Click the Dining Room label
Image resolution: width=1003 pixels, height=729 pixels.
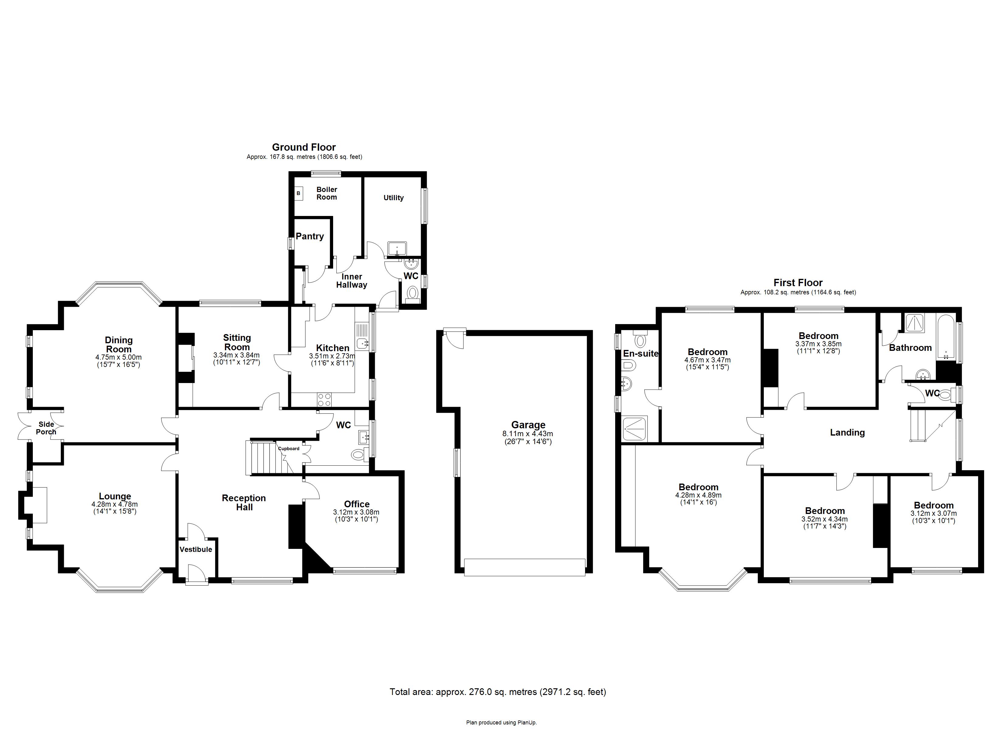[x=119, y=344]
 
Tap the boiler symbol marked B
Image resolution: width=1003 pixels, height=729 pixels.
[x=298, y=193]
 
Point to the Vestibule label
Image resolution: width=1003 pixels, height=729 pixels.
[x=195, y=549]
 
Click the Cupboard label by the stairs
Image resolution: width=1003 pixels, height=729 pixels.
[x=289, y=448]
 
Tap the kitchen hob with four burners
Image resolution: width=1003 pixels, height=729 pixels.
[x=325, y=400]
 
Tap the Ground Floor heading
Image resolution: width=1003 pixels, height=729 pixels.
[x=304, y=147]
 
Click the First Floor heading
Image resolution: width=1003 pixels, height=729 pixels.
[x=798, y=282]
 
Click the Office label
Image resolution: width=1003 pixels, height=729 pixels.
[x=357, y=504]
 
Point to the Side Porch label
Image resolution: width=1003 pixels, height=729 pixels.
[x=46, y=428]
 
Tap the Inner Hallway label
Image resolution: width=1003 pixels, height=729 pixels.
[x=352, y=281]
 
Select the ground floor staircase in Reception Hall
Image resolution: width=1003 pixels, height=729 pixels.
[x=267, y=457]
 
